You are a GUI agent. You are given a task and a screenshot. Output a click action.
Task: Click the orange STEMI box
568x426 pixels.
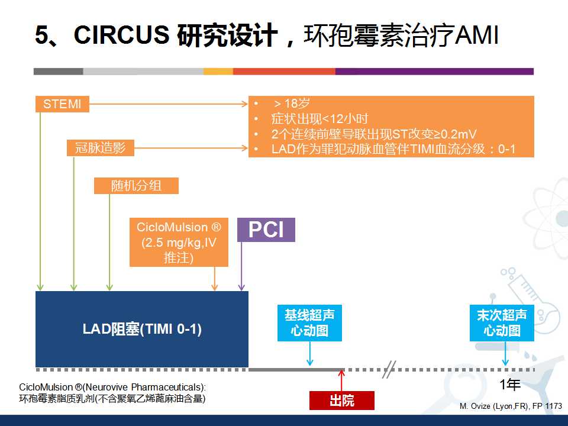click(62, 105)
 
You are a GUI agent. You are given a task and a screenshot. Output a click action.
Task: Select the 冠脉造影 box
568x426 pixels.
click(100, 148)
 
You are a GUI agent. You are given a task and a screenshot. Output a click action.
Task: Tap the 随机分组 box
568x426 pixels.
click(136, 186)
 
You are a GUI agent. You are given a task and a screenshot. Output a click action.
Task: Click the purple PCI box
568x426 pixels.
click(266, 230)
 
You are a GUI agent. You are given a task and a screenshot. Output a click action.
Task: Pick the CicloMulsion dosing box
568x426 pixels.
click(179, 243)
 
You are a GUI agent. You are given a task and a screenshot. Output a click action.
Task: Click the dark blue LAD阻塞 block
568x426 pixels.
click(142, 329)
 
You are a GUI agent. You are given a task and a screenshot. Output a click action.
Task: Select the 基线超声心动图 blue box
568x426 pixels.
click(309, 323)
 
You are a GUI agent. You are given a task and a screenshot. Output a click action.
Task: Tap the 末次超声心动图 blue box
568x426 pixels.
click(502, 323)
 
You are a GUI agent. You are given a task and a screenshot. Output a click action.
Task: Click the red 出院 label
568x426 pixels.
click(342, 401)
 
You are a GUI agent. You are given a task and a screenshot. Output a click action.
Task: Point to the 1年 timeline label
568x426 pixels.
click(510, 385)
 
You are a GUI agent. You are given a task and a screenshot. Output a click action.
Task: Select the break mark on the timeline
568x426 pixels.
click(389, 369)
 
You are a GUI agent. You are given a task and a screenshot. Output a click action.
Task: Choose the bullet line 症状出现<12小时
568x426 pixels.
click(319, 119)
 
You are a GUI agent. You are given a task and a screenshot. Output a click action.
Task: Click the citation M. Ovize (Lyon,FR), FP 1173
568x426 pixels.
click(511, 406)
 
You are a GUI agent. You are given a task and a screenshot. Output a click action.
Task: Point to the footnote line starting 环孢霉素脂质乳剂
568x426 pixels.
click(112, 399)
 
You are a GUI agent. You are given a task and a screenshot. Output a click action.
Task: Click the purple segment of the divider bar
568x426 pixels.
click(434, 72)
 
